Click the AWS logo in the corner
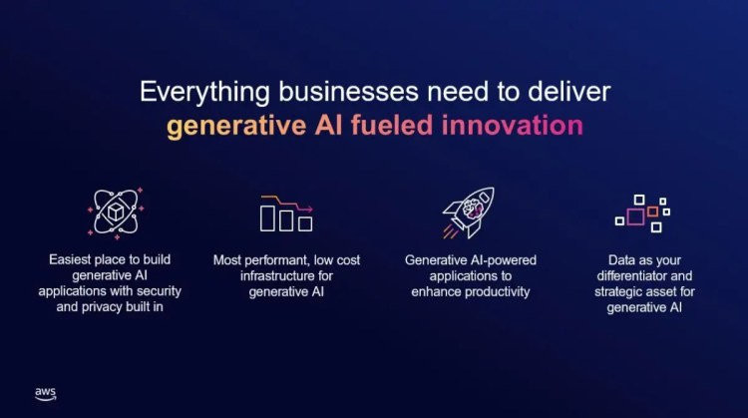click(45, 394)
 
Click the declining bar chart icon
click(286, 212)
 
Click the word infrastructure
click(267, 275)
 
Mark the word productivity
click(495, 291)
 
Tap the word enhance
click(435, 291)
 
